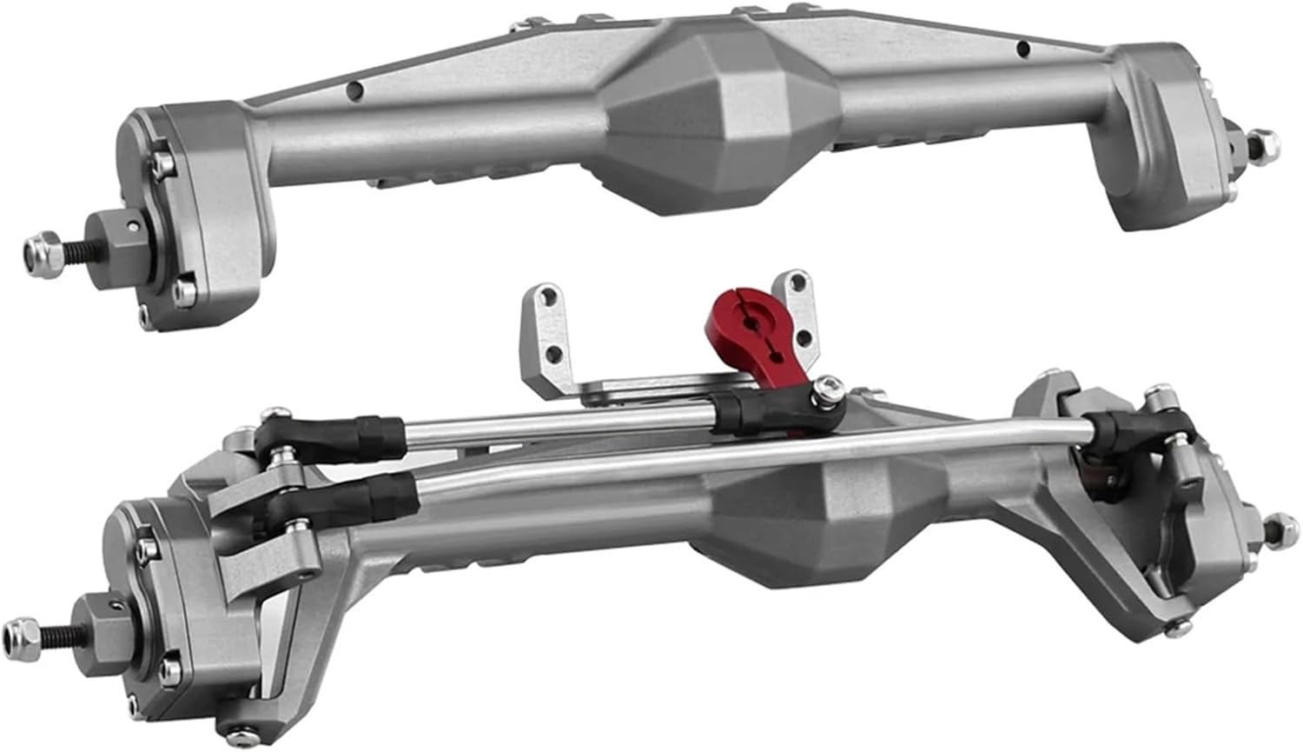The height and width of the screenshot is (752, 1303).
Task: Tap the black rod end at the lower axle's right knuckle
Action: (x=1121, y=429)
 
